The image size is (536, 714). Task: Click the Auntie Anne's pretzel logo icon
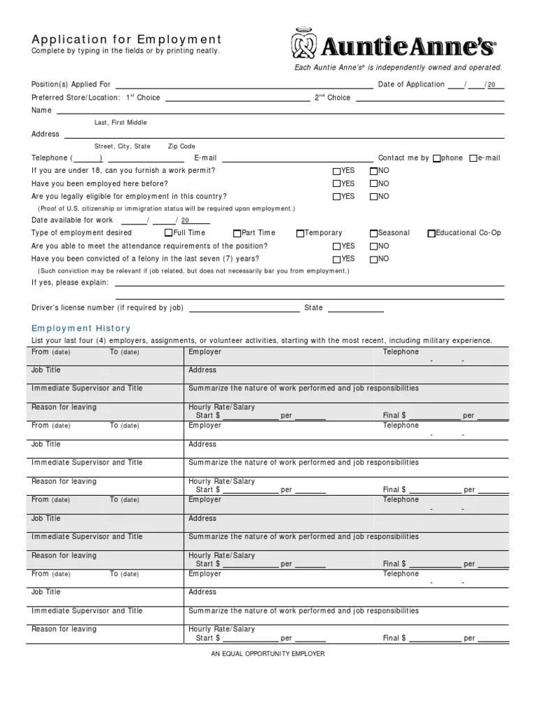(304, 44)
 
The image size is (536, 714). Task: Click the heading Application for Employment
(126, 40)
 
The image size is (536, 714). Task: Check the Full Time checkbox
(168, 234)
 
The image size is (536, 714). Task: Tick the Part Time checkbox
(237, 234)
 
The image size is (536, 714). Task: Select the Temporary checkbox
(300, 234)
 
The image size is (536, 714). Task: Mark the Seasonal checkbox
(373, 234)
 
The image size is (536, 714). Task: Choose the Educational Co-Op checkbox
(431, 234)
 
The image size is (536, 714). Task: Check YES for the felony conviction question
(337, 259)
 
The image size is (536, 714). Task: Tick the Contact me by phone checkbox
(437, 159)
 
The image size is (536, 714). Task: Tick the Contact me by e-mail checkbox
(473, 159)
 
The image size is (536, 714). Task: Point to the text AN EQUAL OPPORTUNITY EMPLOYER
(268, 654)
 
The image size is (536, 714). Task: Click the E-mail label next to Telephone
(206, 158)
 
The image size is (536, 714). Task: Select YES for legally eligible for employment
(337, 197)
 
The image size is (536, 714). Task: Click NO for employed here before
(373, 184)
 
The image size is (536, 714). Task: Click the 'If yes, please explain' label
(70, 282)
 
